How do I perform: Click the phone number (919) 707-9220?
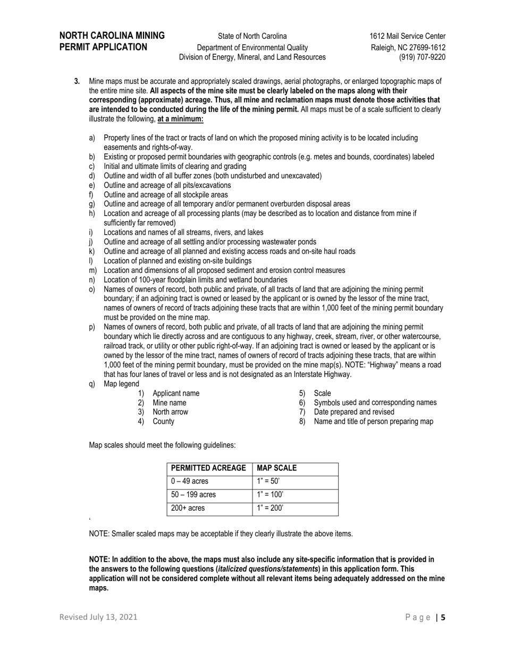[x=422, y=57]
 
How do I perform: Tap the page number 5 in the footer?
[x=443, y=617]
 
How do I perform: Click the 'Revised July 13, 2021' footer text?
[x=98, y=617]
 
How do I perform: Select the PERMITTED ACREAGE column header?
[x=209, y=468]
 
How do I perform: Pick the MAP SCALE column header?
[x=276, y=468]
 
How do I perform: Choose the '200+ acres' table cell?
[x=188, y=508]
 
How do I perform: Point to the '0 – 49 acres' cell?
[x=190, y=482]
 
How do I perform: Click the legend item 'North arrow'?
[x=170, y=412]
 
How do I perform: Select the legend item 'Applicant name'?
[x=176, y=393]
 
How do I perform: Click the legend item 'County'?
[x=163, y=422]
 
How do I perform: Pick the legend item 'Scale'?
[x=322, y=393]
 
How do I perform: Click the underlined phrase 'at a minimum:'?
[x=180, y=119]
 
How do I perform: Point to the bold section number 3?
[x=77, y=81]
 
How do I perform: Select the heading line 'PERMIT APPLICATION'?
[x=103, y=47]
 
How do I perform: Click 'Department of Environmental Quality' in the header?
[x=252, y=47]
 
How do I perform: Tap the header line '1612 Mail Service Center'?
[x=408, y=36]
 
